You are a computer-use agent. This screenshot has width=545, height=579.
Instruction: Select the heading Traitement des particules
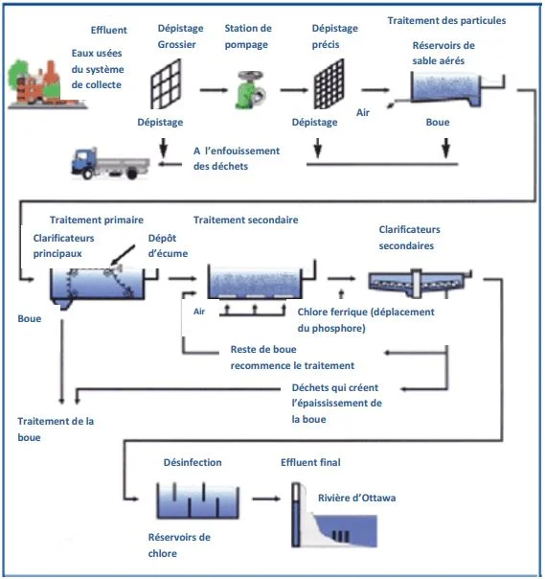446,20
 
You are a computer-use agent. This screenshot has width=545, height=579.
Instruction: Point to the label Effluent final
311,462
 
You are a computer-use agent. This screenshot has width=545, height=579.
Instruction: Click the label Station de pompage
248,35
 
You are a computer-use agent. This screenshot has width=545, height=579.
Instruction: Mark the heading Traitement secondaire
245,220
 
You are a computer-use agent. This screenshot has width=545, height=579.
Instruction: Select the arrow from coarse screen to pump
214,89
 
